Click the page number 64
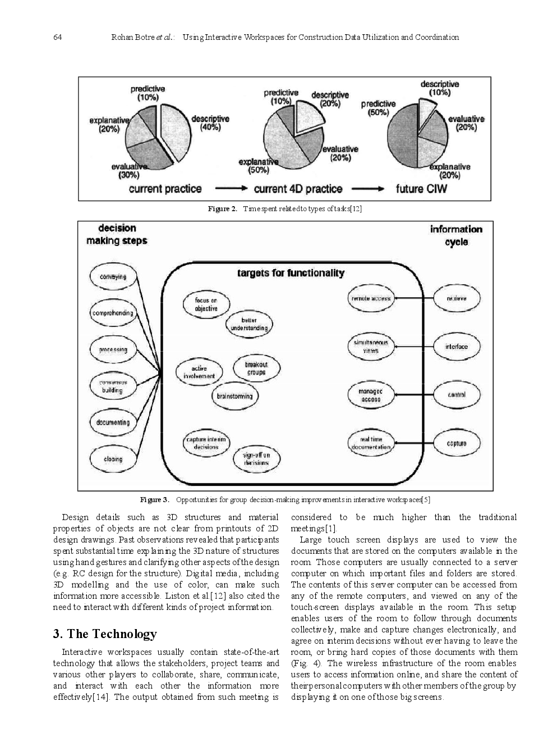(x=57, y=38)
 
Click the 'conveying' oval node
(x=113, y=277)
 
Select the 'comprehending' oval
(x=113, y=313)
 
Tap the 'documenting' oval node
(x=113, y=422)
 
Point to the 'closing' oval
(x=113, y=459)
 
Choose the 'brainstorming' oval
(x=234, y=396)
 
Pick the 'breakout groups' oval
(x=256, y=368)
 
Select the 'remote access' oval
(x=370, y=298)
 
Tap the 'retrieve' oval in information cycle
(x=457, y=298)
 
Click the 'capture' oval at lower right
(x=457, y=443)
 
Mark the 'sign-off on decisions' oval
(x=256, y=458)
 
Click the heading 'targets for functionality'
(x=291, y=273)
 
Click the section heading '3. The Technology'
(x=105, y=634)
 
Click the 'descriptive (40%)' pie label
(x=210, y=123)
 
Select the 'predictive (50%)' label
(x=378, y=108)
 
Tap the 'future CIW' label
(x=421, y=189)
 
